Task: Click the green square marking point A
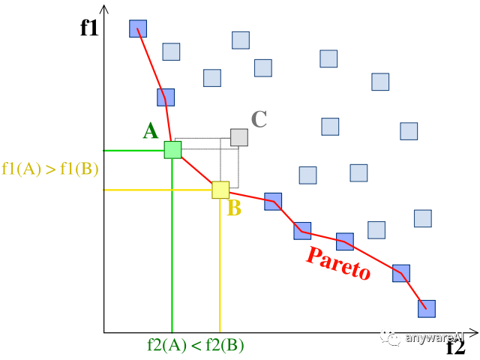point(172,149)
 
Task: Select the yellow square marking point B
point(220,190)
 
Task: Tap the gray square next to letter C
point(238,137)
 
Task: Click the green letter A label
point(150,131)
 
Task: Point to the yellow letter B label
point(234,208)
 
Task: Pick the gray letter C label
point(259,118)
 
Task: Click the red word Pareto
point(338,264)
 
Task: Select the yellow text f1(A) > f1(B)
point(50,169)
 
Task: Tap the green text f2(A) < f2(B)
point(196,346)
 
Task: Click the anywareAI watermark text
point(434,337)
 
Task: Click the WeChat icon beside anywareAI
point(390,337)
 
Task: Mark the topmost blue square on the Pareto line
point(138,28)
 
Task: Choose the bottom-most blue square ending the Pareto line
point(427,308)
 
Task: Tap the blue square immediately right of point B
point(273,201)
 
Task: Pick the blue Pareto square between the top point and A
point(166,97)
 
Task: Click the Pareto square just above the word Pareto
point(345,241)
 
